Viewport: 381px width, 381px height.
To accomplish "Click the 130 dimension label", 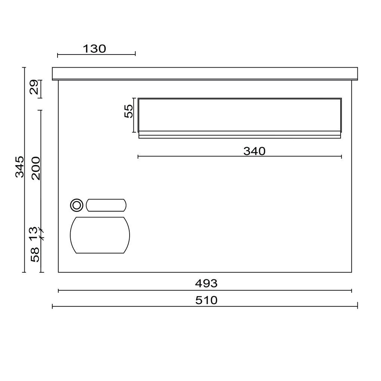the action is click(x=94, y=49).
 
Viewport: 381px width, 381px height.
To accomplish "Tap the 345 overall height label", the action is click(x=20, y=167).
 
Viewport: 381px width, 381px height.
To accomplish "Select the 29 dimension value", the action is click(x=34, y=87).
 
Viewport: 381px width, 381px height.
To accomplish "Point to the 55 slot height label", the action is click(x=129, y=111).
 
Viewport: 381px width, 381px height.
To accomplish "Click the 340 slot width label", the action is click(x=254, y=151).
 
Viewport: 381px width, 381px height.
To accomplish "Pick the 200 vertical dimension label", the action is click(x=36, y=168).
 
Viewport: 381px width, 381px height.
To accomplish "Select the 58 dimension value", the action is click(x=35, y=255).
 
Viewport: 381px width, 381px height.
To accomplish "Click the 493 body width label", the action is click(x=206, y=283).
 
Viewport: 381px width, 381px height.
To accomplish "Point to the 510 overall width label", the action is click(x=206, y=300).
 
